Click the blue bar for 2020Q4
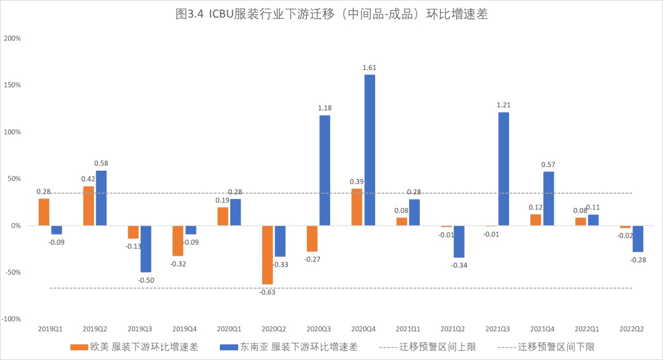tap(370, 150)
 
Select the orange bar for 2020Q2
tap(268, 255)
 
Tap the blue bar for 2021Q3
tap(503, 169)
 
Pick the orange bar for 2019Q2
tap(88, 206)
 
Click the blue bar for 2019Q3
tap(145, 249)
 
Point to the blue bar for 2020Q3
tap(325, 170)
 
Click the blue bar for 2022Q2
tap(638, 239)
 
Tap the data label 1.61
tap(370, 68)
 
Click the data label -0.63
tap(268, 292)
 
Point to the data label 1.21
tap(503, 105)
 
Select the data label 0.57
tap(548, 164)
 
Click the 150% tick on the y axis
tap(12, 85)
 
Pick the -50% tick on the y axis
tap(12, 272)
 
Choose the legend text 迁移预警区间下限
tap(556, 346)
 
